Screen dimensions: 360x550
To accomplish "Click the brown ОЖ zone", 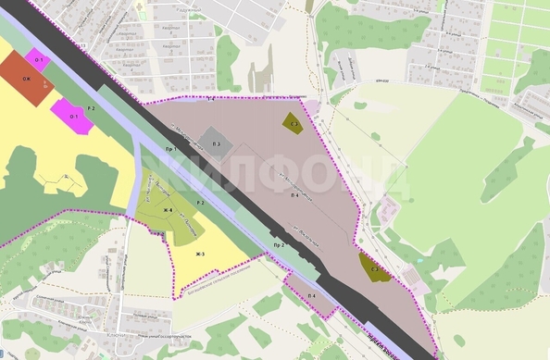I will (x=25, y=79).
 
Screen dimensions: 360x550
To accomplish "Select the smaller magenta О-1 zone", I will (x=40, y=60).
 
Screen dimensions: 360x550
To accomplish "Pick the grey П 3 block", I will (x=215, y=144).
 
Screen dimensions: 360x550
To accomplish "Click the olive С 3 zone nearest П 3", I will (x=292, y=122).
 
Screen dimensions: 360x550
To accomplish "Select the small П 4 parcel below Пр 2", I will (x=312, y=296).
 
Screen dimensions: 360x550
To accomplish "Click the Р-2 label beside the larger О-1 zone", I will (x=92, y=110).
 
